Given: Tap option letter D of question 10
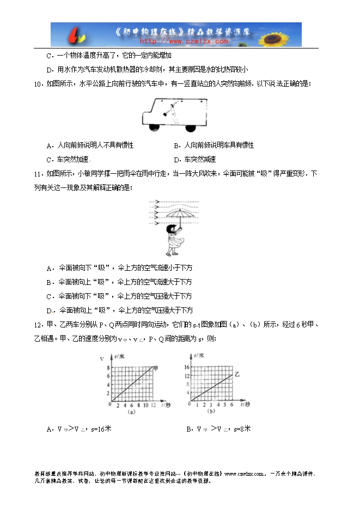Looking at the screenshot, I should (176, 160).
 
